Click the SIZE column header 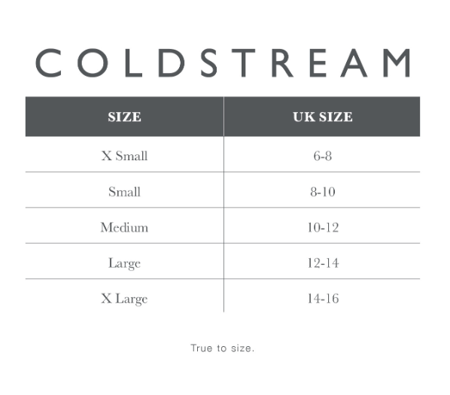[x=125, y=117]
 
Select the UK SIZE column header [x=323, y=117]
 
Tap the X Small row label [x=125, y=156]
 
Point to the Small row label [x=125, y=192]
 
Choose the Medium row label [x=125, y=227]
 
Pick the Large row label [x=125, y=263]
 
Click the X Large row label [x=125, y=299]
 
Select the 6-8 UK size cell [x=323, y=156]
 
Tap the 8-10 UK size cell [x=323, y=192]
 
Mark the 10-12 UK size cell [x=323, y=227]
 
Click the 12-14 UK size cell [x=323, y=263]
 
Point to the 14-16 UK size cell [x=323, y=299]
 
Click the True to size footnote [x=223, y=348]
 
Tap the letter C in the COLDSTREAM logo [x=49, y=62]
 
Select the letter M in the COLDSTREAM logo [x=397, y=62]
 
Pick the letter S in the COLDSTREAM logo [x=208, y=62]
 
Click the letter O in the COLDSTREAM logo [x=93, y=62]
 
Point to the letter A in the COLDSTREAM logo [x=354, y=62]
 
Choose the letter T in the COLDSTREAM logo [x=244, y=62]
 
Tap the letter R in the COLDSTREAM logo [x=282, y=62]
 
